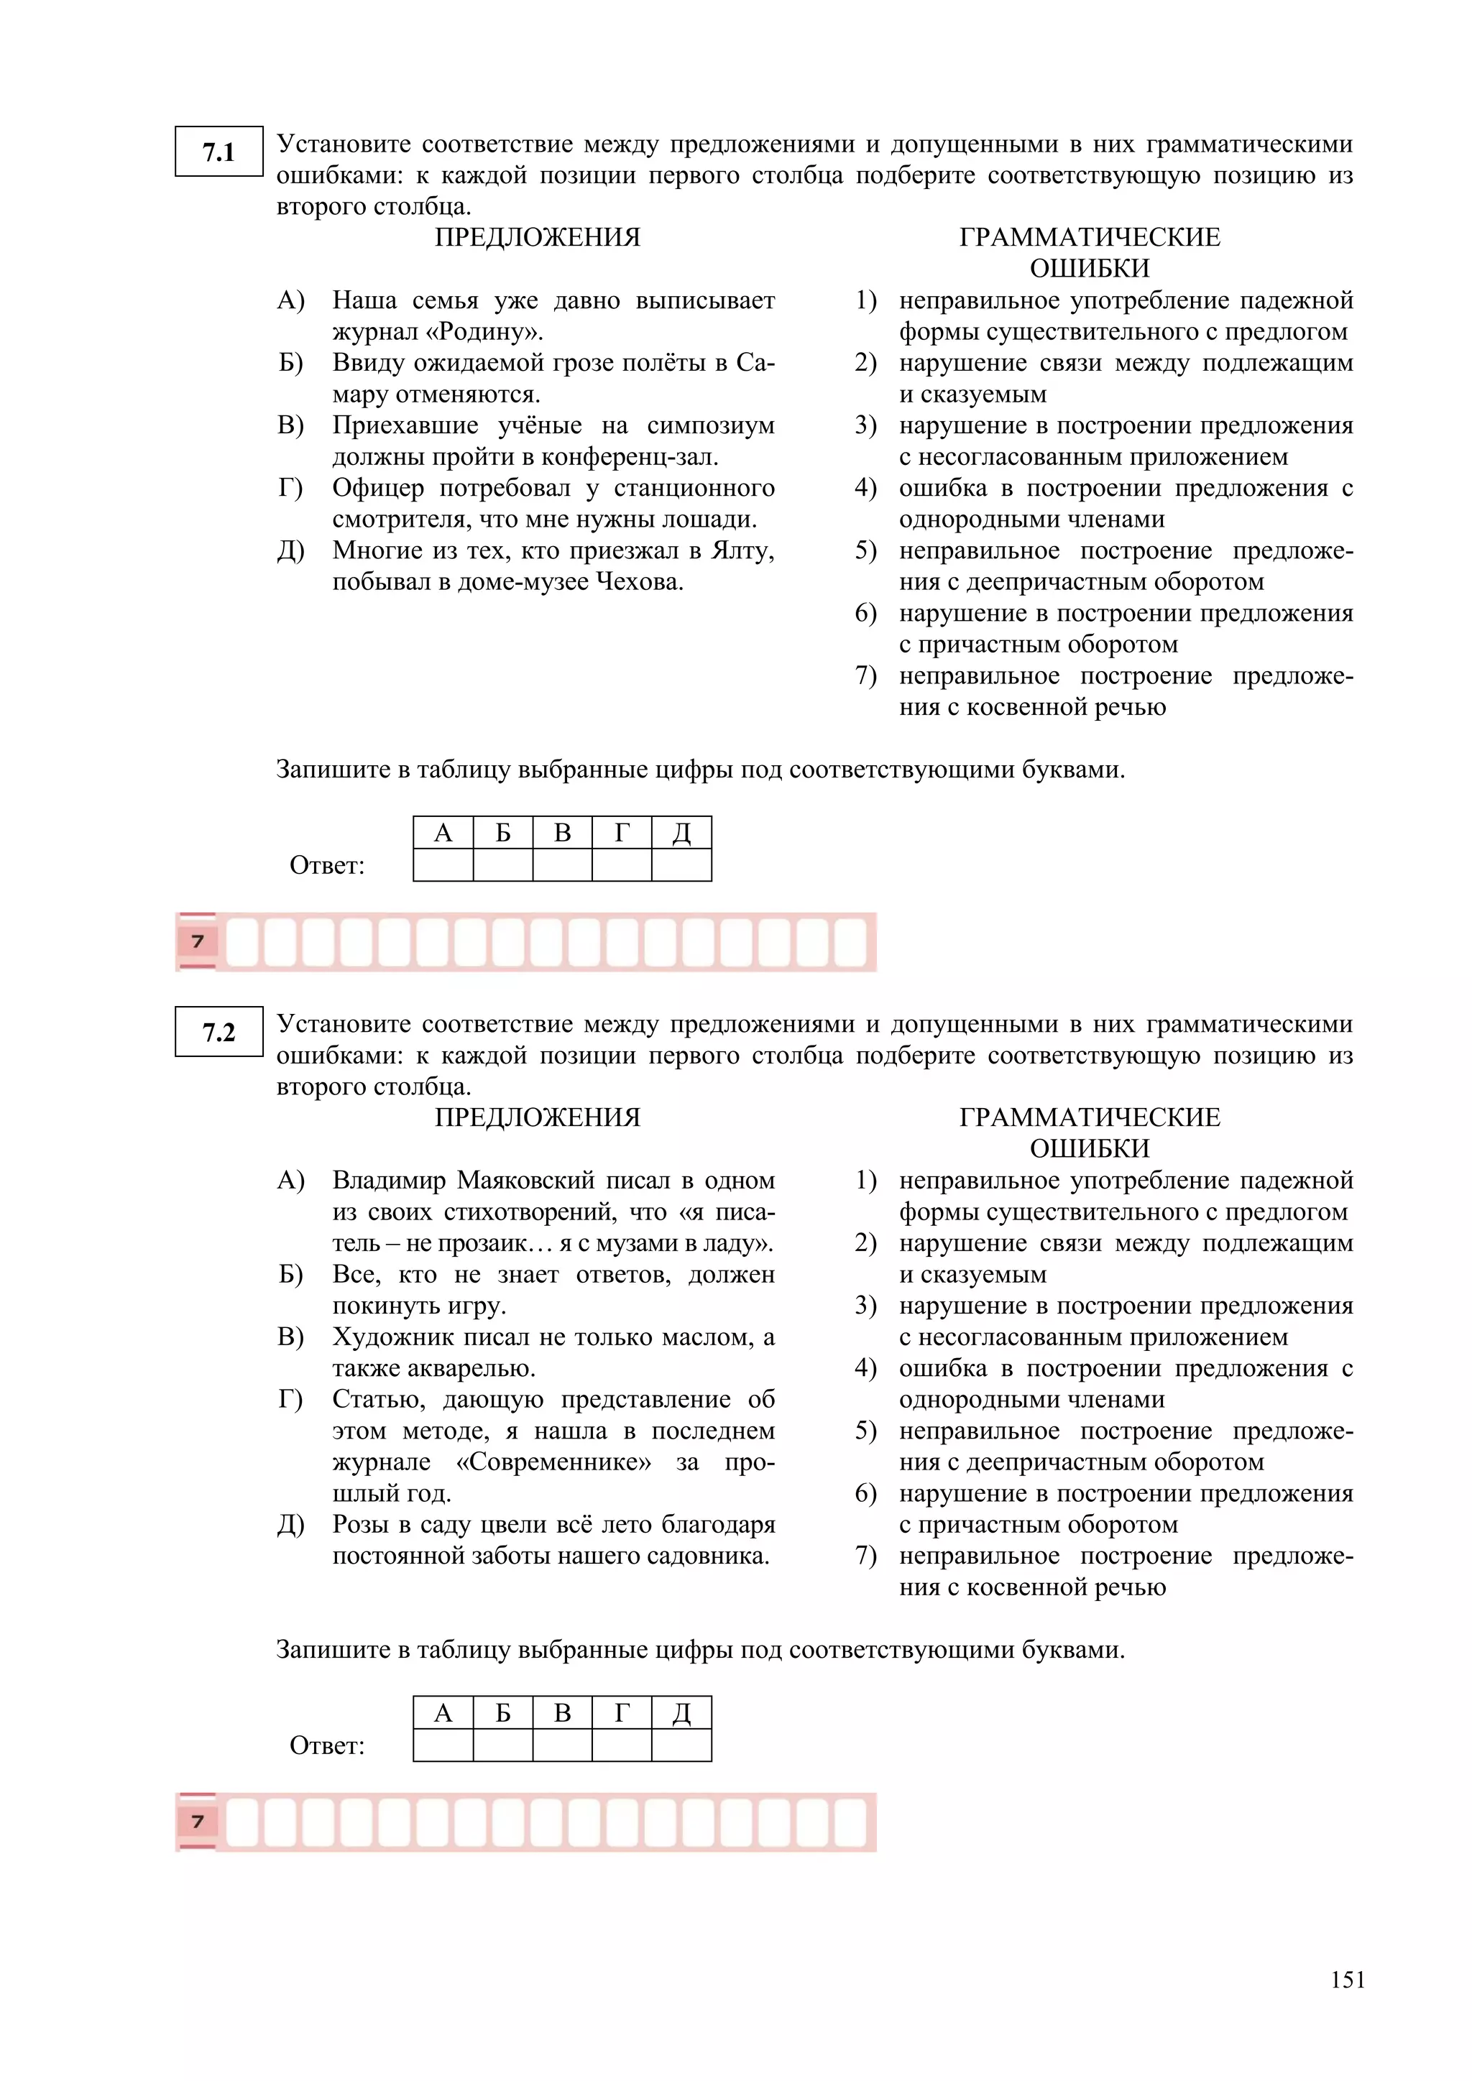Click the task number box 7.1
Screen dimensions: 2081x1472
[218, 152]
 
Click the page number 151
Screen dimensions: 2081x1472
[1347, 1980]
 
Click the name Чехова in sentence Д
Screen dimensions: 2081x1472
[639, 582]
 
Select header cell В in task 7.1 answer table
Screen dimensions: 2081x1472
[562, 833]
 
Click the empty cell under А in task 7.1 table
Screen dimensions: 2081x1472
[443, 864]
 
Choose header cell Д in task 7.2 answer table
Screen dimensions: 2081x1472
[681, 1713]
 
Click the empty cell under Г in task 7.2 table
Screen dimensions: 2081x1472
[622, 1745]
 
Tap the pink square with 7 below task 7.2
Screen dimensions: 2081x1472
[198, 1822]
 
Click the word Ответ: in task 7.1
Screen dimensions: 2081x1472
[326, 867]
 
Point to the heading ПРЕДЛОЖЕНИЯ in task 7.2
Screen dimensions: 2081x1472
[537, 1117]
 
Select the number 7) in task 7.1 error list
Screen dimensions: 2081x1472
[865, 676]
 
